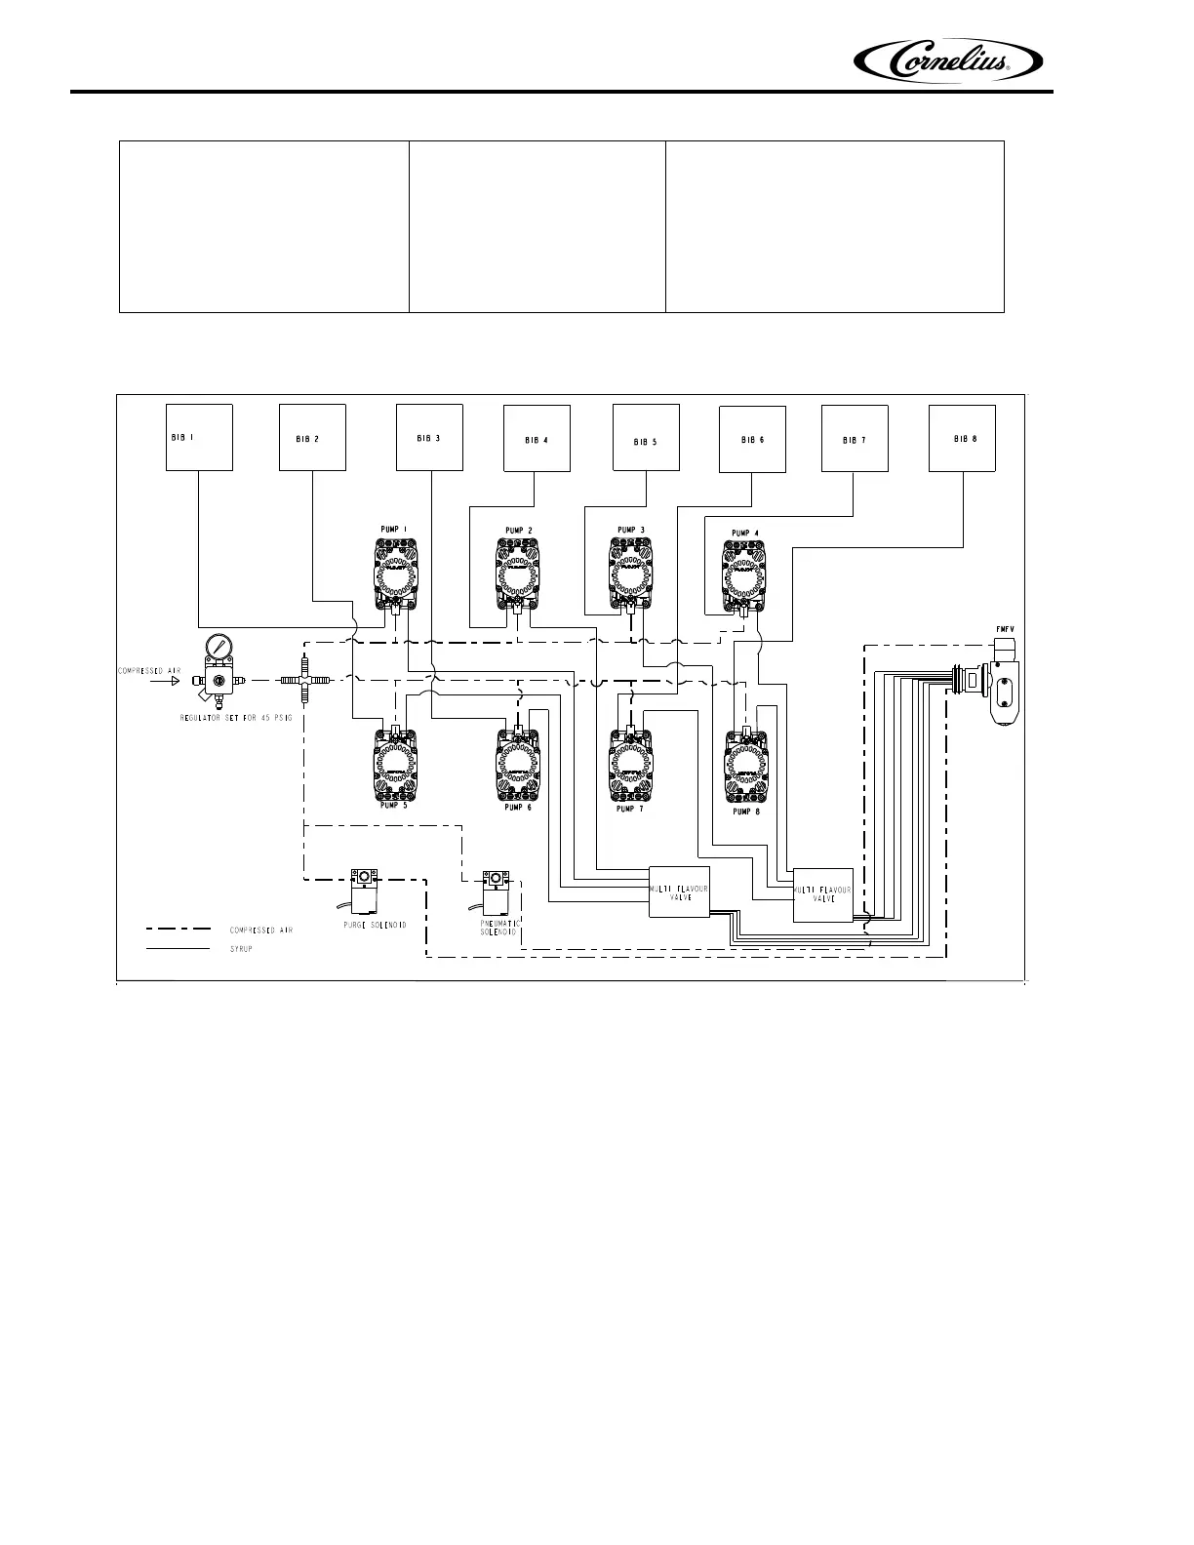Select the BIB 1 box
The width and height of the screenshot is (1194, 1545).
click(199, 437)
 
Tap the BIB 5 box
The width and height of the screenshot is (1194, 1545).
click(645, 438)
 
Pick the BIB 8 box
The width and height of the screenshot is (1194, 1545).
click(963, 438)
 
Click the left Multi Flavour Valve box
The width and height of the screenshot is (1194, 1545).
click(679, 891)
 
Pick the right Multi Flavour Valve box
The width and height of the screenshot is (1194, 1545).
click(823, 894)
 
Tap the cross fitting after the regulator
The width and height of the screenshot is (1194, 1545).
click(304, 680)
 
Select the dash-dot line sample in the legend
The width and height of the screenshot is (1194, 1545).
click(178, 930)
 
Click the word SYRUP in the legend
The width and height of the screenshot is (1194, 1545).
click(241, 949)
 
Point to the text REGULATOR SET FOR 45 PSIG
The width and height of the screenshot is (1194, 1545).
click(235, 717)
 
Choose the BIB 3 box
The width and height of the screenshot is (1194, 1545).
click(429, 437)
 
